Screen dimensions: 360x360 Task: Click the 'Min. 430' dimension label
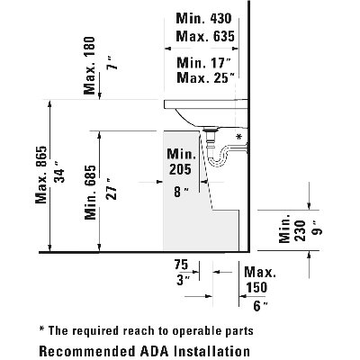click(x=203, y=19)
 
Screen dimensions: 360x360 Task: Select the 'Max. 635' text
click(x=205, y=36)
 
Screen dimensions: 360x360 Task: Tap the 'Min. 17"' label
click(x=204, y=63)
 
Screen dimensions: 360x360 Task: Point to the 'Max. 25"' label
click(x=206, y=77)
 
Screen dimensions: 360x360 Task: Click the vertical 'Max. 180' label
click(x=89, y=66)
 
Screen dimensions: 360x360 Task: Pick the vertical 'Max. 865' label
click(x=41, y=175)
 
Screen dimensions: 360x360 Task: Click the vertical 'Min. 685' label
click(x=90, y=193)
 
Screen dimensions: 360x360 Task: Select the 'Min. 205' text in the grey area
click(x=181, y=162)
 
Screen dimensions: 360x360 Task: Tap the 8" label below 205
click(x=181, y=192)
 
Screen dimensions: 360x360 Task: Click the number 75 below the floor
click(x=181, y=265)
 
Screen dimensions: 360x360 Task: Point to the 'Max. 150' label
click(x=259, y=280)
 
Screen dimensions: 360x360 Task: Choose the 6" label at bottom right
click(x=260, y=306)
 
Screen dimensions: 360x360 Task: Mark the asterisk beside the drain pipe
click(x=238, y=137)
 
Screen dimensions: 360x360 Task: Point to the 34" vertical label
click(x=59, y=175)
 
